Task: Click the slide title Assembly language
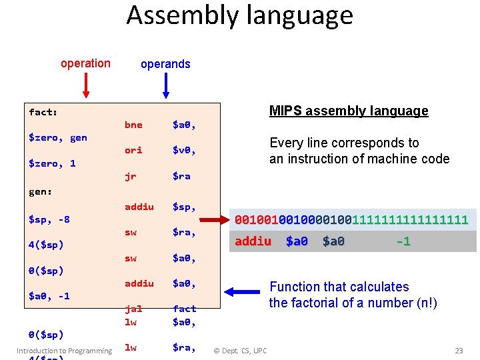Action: pyautogui.click(x=240, y=15)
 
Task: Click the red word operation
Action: pyautogui.click(x=85, y=63)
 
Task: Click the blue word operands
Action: pyautogui.click(x=165, y=64)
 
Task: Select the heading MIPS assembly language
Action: pyautogui.click(x=349, y=111)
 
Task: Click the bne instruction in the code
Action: pyautogui.click(x=133, y=125)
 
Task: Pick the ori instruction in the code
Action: pyautogui.click(x=133, y=150)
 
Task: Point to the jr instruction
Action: pyautogui.click(x=130, y=176)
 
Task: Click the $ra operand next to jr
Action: pyautogui.click(x=181, y=176)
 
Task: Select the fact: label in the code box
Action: pyautogui.click(x=43, y=112)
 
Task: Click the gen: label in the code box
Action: pyautogui.click(x=41, y=191)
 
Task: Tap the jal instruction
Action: pyautogui.click(x=133, y=309)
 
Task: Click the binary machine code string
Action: pyautogui.click(x=351, y=219)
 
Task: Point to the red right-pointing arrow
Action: pyautogui.click(x=215, y=219)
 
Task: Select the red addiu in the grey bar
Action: pyautogui.click(x=253, y=241)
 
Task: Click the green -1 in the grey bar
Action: pyautogui.click(x=403, y=241)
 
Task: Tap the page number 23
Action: pyautogui.click(x=458, y=351)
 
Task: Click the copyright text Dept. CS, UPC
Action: pyautogui.click(x=240, y=351)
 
